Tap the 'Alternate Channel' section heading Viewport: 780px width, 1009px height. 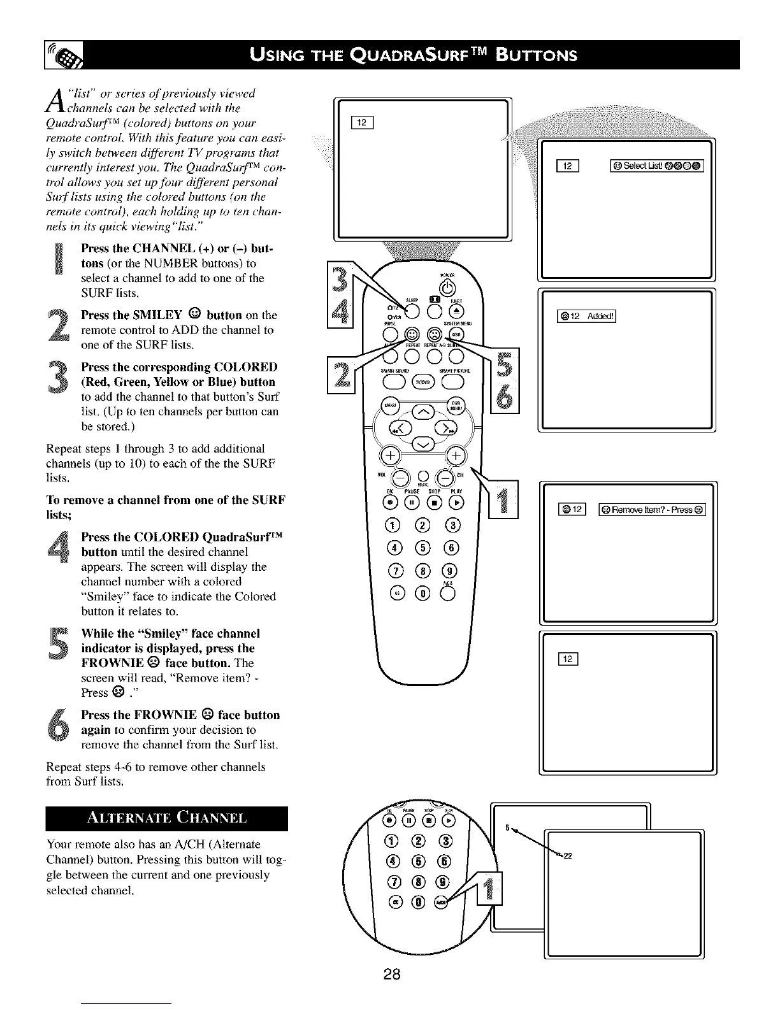click(167, 819)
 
